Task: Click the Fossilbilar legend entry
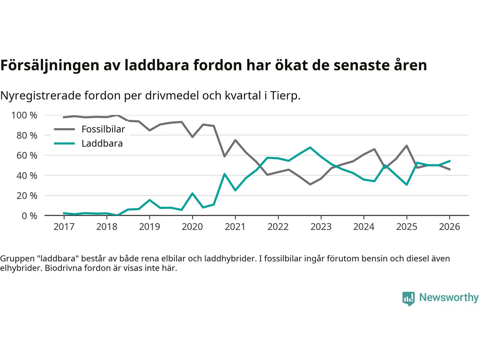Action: (103, 129)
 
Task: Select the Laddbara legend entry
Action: (102, 143)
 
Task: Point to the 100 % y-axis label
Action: (24, 115)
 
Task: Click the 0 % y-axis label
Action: (29, 216)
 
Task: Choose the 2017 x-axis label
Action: (64, 227)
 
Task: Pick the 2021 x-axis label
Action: (235, 227)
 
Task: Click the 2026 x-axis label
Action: (449, 227)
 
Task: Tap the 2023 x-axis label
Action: (321, 227)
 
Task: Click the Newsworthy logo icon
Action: (408, 298)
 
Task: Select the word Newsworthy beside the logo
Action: (448, 298)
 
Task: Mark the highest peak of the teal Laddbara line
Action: (310, 147)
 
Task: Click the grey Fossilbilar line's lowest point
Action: (310, 184)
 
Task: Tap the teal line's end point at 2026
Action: (450, 161)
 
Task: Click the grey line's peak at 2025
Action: (406, 145)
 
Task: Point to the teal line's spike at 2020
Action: (192, 193)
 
